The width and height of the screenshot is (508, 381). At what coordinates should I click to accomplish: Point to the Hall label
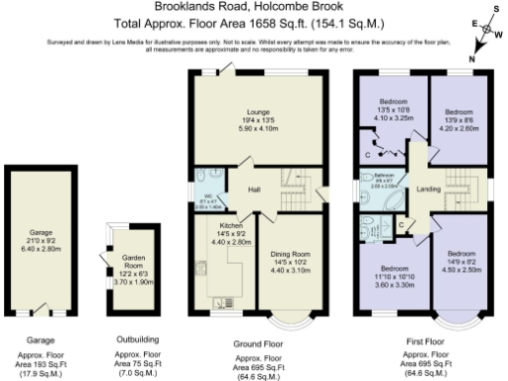pos(254,189)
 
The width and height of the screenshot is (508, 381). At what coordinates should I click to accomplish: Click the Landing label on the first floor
pos(430,189)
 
